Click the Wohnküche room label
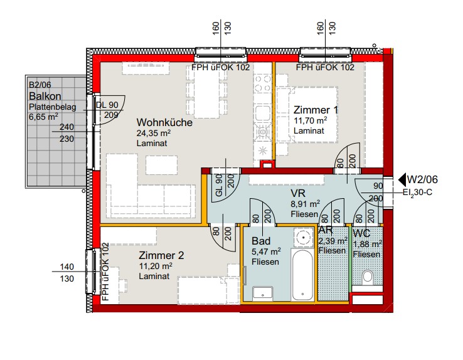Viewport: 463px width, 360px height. (x=164, y=122)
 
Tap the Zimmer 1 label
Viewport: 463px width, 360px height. (x=316, y=110)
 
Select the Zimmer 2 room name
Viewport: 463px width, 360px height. (x=161, y=255)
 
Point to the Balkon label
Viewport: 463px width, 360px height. (x=45, y=96)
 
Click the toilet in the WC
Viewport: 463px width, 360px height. (x=368, y=277)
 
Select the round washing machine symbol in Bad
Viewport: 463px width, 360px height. (x=304, y=237)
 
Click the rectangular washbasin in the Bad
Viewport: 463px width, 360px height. (x=262, y=294)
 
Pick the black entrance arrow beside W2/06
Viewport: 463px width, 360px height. (x=402, y=179)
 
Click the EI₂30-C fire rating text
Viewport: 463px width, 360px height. (x=418, y=193)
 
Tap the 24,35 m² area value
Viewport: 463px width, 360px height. (x=154, y=133)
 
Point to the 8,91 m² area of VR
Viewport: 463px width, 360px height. (x=306, y=204)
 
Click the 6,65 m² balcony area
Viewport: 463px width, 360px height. (x=43, y=117)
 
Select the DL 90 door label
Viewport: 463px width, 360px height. (x=107, y=105)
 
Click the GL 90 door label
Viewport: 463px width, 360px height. (x=219, y=185)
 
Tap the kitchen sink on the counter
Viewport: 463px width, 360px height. (x=262, y=113)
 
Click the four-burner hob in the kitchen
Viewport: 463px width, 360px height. (x=263, y=83)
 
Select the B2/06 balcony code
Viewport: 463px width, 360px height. (x=40, y=85)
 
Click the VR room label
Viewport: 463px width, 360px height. (x=298, y=193)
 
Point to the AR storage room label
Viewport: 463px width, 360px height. (x=326, y=230)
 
